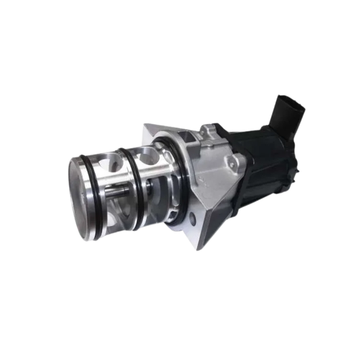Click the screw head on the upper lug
point(208,130)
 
